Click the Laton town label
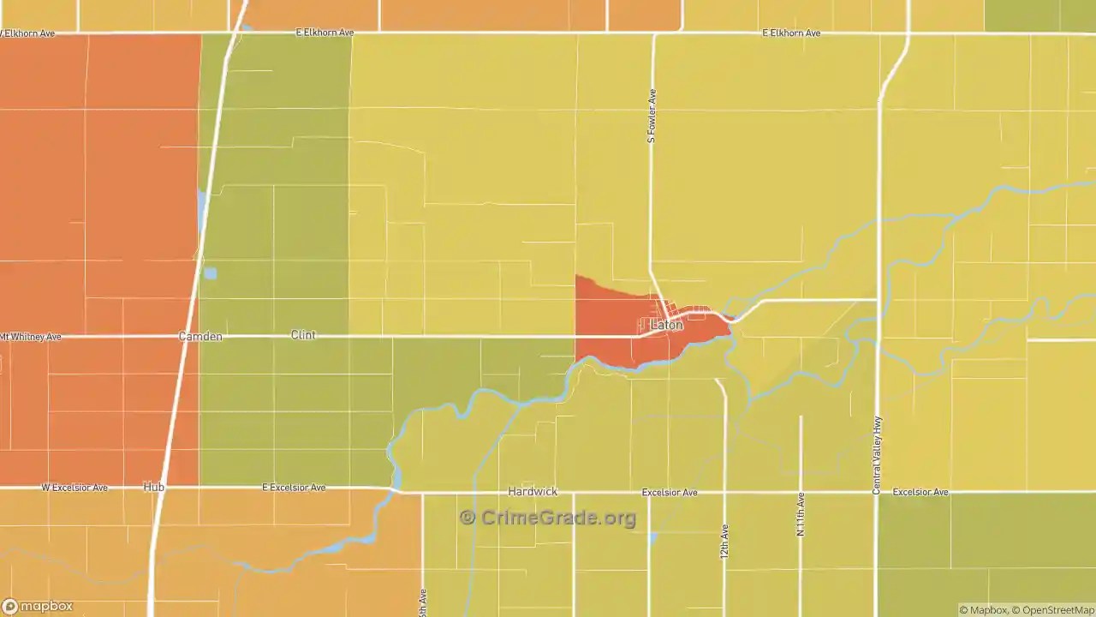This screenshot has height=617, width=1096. [x=667, y=325]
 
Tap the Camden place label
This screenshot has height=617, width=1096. [x=200, y=337]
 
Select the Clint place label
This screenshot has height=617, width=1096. [x=303, y=335]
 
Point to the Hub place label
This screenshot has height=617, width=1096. [x=154, y=487]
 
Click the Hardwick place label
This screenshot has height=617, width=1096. [x=533, y=492]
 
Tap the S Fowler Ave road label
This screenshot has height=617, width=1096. [x=652, y=116]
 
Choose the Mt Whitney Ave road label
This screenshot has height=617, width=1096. [x=31, y=338]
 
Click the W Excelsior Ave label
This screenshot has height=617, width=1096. [x=74, y=488]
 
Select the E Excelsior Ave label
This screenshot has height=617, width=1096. [x=294, y=488]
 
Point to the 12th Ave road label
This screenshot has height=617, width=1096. [x=724, y=542]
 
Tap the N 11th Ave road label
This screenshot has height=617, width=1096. [x=801, y=514]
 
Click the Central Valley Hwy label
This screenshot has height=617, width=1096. [x=877, y=455]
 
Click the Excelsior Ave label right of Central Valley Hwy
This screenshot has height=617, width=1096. [x=920, y=493]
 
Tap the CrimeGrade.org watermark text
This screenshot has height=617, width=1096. [x=558, y=518]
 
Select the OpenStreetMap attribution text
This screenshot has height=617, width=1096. [x=1055, y=610]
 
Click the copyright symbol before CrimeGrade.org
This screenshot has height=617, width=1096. [x=468, y=518]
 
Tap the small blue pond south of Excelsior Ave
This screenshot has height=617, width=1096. [x=652, y=538]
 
